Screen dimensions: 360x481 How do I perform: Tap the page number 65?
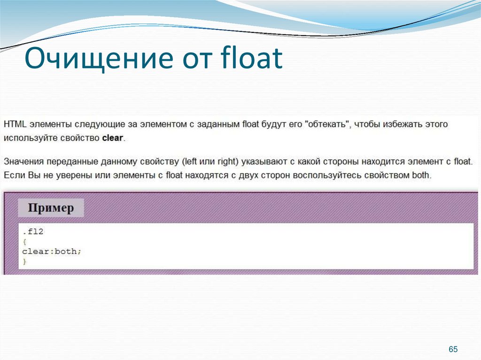453,349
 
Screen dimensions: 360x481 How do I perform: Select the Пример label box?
51,208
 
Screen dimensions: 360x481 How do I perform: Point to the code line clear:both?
52,252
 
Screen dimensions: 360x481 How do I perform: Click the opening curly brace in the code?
24,242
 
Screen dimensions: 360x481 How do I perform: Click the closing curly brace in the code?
24,261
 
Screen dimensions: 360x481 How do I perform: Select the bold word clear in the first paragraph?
113,138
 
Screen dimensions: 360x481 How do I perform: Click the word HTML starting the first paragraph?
15,125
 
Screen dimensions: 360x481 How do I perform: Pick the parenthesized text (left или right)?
210,162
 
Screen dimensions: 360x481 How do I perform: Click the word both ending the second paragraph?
420,176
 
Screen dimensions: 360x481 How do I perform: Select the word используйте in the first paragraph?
28,138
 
